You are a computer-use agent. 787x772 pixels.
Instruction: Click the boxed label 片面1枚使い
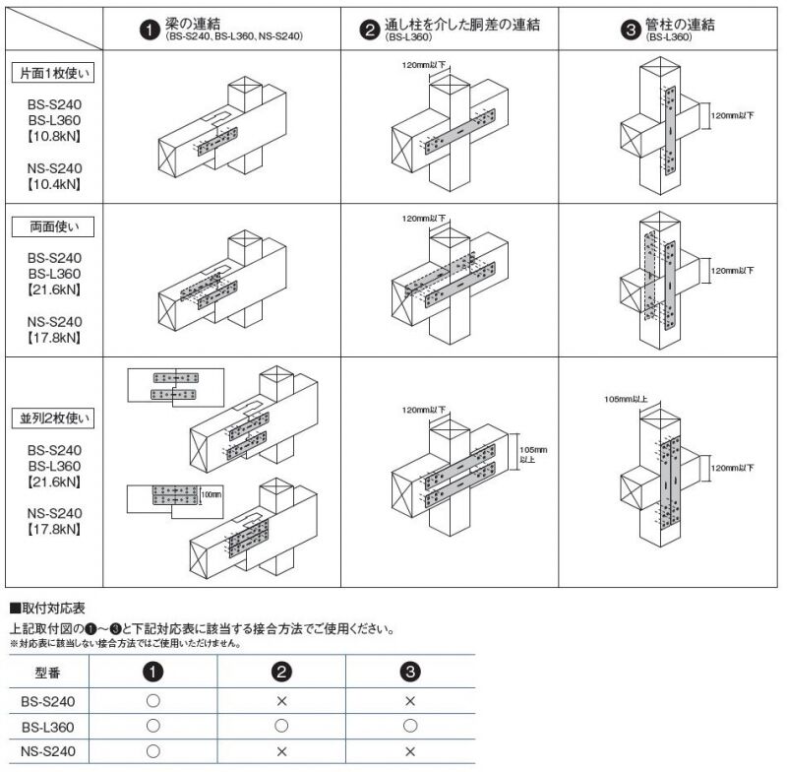click(53, 73)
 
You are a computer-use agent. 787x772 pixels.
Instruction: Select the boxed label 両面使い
click(53, 227)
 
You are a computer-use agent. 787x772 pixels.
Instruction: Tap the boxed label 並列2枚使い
click(53, 418)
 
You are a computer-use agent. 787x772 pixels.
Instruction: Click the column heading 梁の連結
click(192, 23)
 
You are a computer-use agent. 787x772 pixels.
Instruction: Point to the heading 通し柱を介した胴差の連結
click(461, 24)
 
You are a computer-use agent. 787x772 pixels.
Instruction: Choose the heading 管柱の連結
click(680, 24)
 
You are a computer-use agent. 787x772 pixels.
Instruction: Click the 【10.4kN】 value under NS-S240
click(54, 184)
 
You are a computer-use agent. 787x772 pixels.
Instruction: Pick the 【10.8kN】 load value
click(54, 136)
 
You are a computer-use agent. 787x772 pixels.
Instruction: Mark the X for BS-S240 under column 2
click(281, 701)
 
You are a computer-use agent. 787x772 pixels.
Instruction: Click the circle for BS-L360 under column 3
click(410, 726)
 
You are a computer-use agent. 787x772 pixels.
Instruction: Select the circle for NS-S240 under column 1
click(153, 751)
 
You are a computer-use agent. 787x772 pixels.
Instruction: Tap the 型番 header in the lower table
click(48, 673)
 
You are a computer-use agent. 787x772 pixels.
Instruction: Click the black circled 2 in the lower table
click(281, 672)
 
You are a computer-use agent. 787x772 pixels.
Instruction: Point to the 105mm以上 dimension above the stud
click(626, 400)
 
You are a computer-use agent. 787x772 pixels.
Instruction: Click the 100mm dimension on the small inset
click(212, 494)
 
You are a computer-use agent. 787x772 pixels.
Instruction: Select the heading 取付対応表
click(53, 609)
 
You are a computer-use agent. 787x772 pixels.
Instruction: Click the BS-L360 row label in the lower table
click(48, 727)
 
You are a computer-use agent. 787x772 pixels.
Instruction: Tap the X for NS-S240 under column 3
click(410, 751)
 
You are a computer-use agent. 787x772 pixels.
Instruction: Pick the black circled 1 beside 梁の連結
click(150, 30)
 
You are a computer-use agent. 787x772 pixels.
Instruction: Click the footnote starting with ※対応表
click(125, 643)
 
